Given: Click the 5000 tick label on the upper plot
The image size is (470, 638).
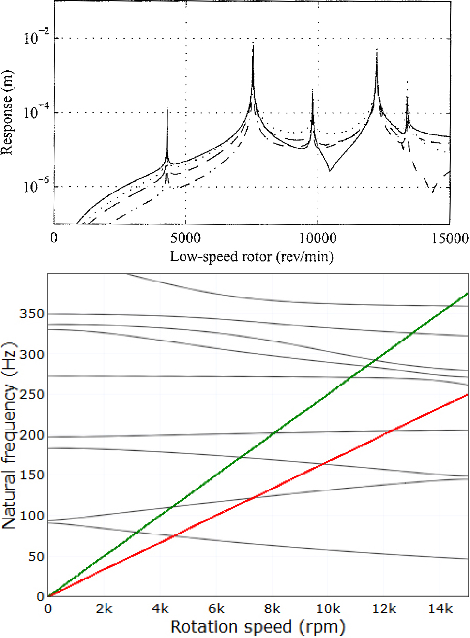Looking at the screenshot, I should [x=185, y=238].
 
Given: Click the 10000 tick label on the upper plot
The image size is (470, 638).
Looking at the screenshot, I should [x=318, y=238].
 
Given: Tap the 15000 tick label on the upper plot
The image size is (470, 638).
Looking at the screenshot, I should [x=450, y=238].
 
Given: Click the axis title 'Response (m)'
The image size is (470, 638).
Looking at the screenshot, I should [x=7, y=112].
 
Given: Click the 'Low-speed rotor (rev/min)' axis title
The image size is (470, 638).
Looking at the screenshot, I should [x=252, y=256].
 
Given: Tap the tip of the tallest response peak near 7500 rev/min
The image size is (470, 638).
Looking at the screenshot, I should [x=253, y=44].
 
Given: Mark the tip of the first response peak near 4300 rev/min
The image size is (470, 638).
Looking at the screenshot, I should [x=167, y=108].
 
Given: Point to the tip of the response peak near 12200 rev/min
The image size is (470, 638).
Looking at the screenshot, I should [x=377, y=49].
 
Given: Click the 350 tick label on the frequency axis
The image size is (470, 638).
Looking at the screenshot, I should [x=32, y=314].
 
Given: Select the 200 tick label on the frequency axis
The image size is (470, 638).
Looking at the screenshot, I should [x=32, y=435].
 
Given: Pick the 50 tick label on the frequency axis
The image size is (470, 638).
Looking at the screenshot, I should [x=36, y=557].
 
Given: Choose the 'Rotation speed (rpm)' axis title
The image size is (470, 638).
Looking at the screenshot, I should [x=258, y=627].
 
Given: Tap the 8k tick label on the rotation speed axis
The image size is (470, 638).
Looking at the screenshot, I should [x=272, y=608].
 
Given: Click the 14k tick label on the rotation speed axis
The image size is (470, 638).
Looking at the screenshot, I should [x=440, y=608].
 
